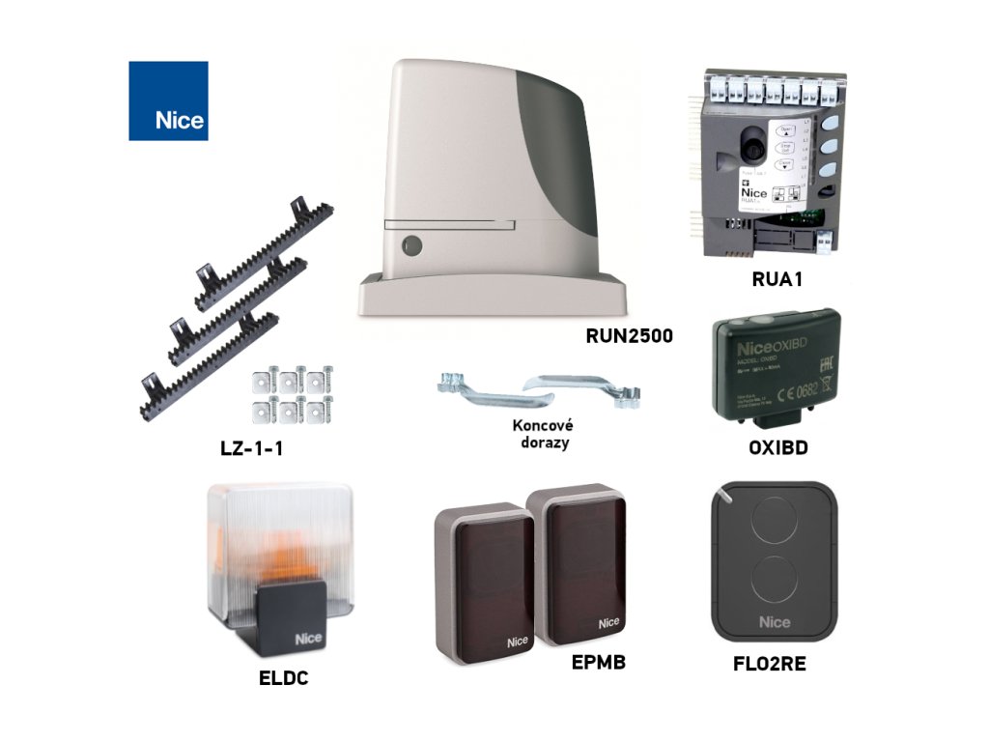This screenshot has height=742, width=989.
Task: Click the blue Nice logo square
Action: click(x=168, y=100)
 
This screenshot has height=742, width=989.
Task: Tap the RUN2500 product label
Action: click(x=629, y=336)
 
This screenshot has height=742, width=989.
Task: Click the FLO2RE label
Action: click(x=770, y=664)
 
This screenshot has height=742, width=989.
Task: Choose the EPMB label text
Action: click(x=600, y=664)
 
